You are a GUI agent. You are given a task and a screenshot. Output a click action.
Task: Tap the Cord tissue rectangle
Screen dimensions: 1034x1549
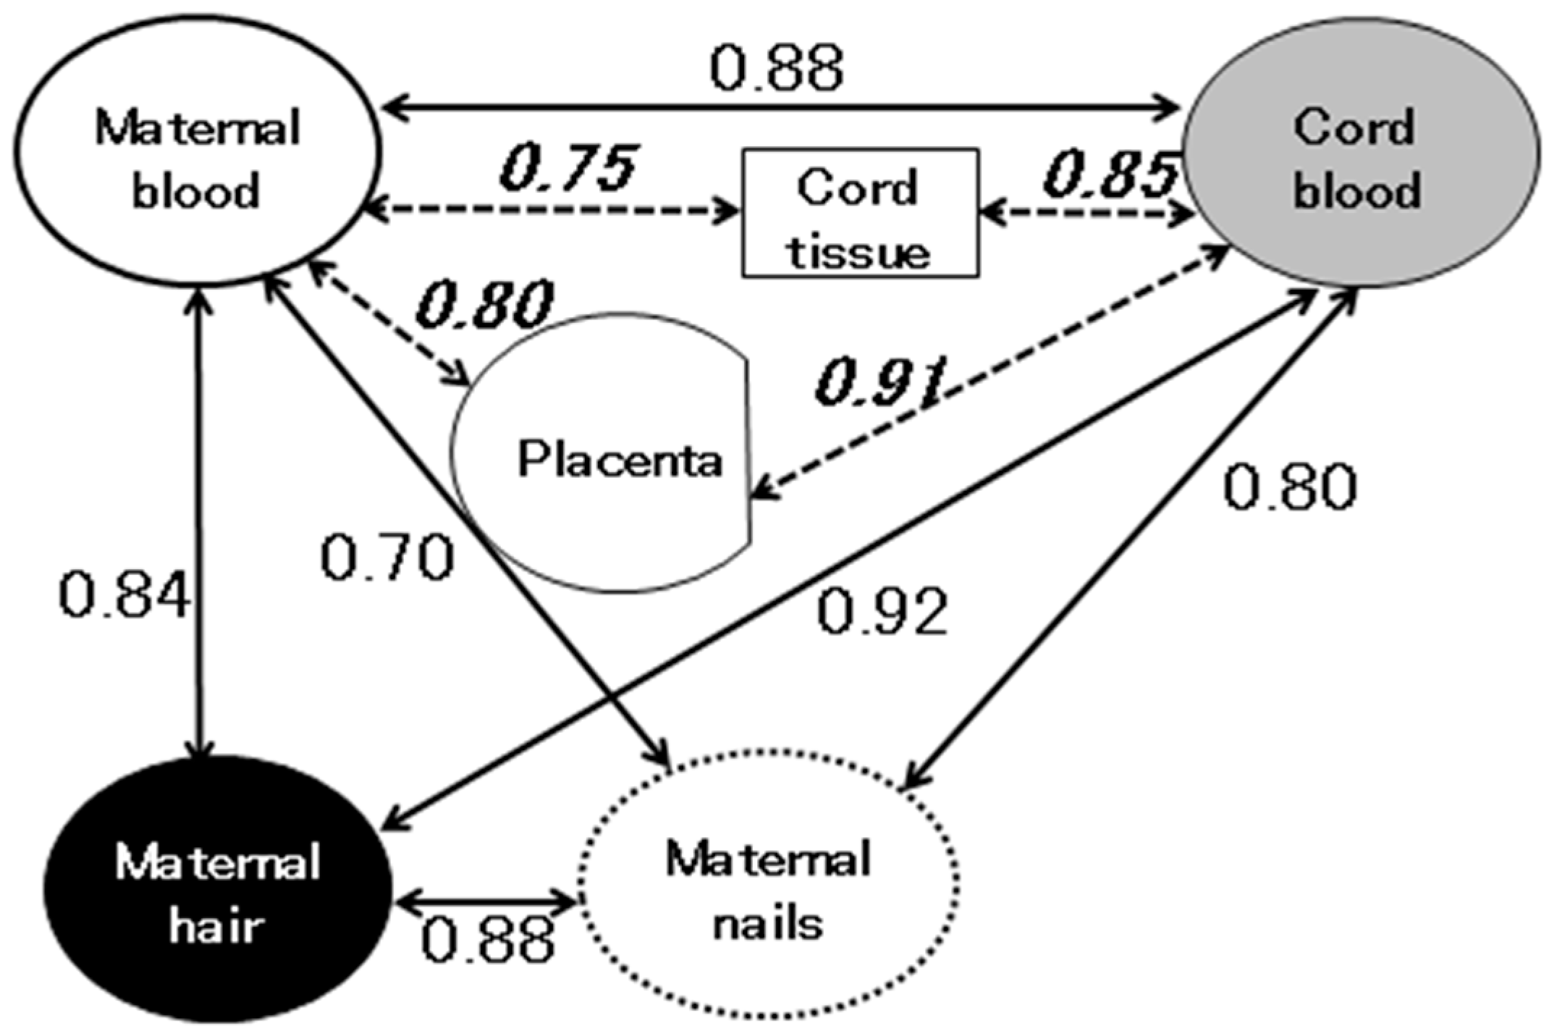pyautogui.click(x=859, y=214)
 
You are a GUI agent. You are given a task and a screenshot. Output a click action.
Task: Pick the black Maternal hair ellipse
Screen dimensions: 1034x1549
pyautogui.click(x=217, y=891)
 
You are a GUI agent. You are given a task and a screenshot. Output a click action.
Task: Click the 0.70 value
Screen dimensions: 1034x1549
pyautogui.click(x=387, y=558)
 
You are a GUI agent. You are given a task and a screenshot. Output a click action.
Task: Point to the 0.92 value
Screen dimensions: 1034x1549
pyautogui.click(x=882, y=612)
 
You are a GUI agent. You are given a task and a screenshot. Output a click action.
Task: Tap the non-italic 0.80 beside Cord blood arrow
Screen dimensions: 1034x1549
pyautogui.click(x=1290, y=487)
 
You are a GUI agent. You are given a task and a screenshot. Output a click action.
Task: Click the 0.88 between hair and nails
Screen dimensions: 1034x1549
pyautogui.click(x=488, y=940)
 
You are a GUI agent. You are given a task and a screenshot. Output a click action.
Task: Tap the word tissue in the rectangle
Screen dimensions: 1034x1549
pyautogui.click(x=859, y=253)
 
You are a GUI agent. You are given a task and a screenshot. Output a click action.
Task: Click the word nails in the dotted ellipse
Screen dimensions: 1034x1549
pyautogui.click(x=769, y=925)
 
